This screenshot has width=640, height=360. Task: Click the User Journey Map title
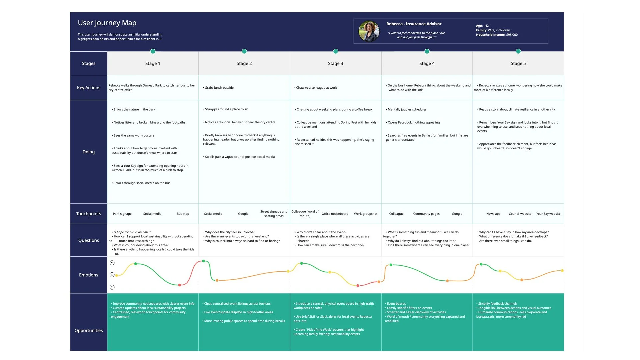(x=107, y=23)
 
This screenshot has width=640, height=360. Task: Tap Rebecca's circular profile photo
(x=369, y=31)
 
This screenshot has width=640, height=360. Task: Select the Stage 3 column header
(x=335, y=63)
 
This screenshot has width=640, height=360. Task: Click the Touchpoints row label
(x=88, y=214)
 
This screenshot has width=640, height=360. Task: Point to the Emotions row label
(x=88, y=275)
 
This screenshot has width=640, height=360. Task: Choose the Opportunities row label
(x=88, y=330)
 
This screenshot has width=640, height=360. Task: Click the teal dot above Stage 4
(x=427, y=51)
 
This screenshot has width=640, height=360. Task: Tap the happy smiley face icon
(x=112, y=263)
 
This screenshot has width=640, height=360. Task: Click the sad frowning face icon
(x=112, y=287)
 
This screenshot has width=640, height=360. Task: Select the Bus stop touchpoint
(x=183, y=214)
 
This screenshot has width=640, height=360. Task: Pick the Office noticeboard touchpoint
(x=335, y=214)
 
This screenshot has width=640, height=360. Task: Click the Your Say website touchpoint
(x=548, y=214)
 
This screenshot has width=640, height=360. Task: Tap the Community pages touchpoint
(x=426, y=214)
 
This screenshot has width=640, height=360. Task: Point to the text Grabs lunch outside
(x=219, y=88)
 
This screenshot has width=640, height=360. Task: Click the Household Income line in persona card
(x=497, y=35)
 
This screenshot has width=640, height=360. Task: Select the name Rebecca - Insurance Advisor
(x=414, y=24)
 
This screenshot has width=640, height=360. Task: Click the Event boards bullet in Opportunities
(x=396, y=304)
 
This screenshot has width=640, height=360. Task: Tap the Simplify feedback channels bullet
(x=498, y=304)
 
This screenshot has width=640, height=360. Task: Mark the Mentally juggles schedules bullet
(x=407, y=109)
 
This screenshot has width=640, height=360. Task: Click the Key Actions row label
(x=88, y=88)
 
